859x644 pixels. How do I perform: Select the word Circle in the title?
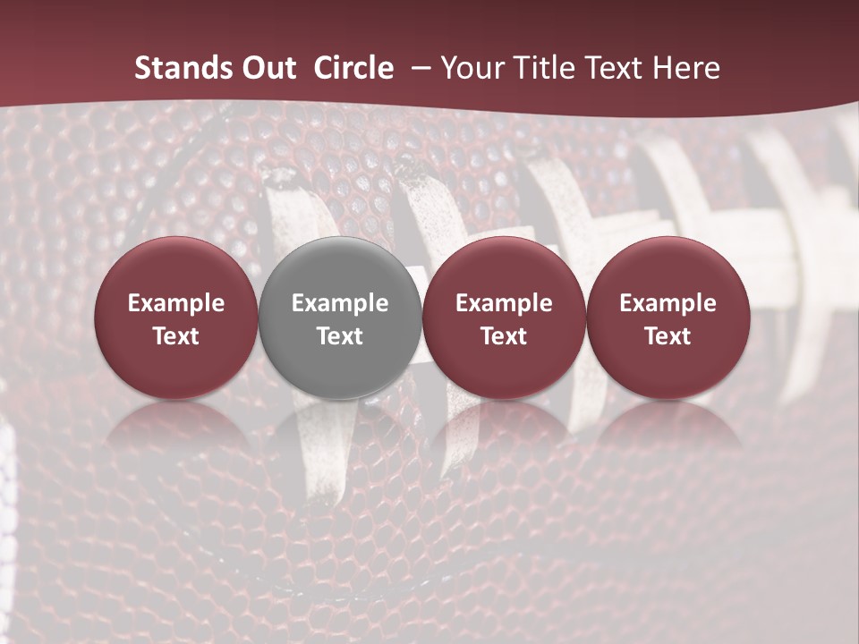(x=353, y=68)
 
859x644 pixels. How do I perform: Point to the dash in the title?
(x=419, y=69)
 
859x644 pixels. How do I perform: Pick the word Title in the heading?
(x=543, y=68)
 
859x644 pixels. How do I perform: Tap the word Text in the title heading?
(x=615, y=68)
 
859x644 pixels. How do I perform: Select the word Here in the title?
(x=685, y=68)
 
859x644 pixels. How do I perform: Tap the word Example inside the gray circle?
(x=340, y=303)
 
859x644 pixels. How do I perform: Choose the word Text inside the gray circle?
(x=340, y=336)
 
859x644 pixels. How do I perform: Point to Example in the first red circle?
(x=176, y=303)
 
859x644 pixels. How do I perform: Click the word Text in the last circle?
(x=668, y=336)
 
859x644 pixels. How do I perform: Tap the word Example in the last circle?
(x=668, y=303)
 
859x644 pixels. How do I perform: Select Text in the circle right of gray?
(x=504, y=336)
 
